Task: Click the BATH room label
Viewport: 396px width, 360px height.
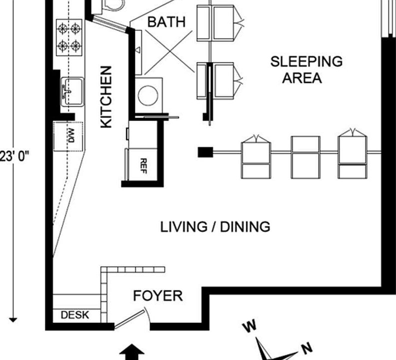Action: click(x=166, y=22)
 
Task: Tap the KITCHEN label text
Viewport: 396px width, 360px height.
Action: click(x=106, y=97)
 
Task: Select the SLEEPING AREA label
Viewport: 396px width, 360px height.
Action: click(x=306, y=69)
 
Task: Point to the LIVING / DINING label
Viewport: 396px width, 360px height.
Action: click(x=215, y=227)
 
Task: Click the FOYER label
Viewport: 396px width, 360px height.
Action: click(x=158, y=296)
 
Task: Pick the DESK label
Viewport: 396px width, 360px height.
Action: click(x=75, y=315)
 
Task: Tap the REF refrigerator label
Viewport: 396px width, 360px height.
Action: click(x=143, y=166)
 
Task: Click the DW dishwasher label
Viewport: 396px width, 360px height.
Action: click(x=71, y=135)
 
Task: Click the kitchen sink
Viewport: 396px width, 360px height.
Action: click(x=72, y=91)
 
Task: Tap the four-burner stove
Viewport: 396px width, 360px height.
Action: click(x=69, y=37)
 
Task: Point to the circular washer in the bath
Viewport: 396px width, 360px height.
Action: click(x=148, y=95)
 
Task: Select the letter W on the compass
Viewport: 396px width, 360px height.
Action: click(x=250, y=326)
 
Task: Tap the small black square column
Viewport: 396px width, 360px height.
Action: click(x=205, y=152)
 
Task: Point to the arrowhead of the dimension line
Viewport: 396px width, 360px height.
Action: click(x=13, y=320)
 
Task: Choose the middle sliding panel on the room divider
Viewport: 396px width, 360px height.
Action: click(x=306, y=157)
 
